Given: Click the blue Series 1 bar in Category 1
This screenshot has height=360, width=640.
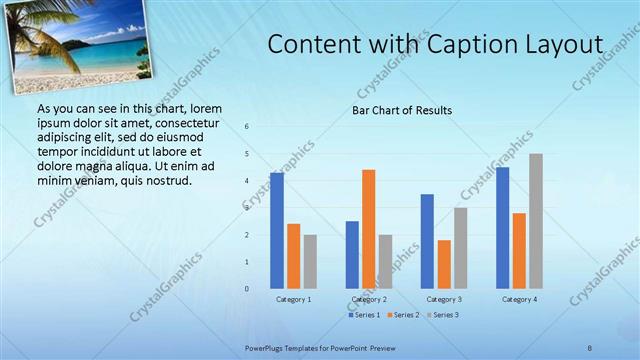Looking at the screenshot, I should click(277, 231).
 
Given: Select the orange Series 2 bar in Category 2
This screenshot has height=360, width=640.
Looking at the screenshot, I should click(368, 229).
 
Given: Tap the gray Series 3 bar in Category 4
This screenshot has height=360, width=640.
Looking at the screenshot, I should click(536, 221).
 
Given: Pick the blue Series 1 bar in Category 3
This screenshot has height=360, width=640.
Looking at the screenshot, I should click(427, 241).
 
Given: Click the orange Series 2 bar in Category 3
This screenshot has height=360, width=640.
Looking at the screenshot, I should click(444, 264).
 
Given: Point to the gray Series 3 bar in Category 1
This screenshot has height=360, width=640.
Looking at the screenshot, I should click(310, 262).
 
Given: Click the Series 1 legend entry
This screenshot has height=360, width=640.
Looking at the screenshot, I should click(366, 316).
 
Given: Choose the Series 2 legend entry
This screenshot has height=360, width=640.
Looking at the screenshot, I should click(403, 316).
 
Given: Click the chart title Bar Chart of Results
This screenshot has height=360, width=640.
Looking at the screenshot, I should click(402, 110).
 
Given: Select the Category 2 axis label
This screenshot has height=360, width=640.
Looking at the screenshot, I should click(368, 299).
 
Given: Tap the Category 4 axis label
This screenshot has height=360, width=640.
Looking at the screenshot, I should click(519, 299).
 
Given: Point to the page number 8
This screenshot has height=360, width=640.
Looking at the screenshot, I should click(590, 348).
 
